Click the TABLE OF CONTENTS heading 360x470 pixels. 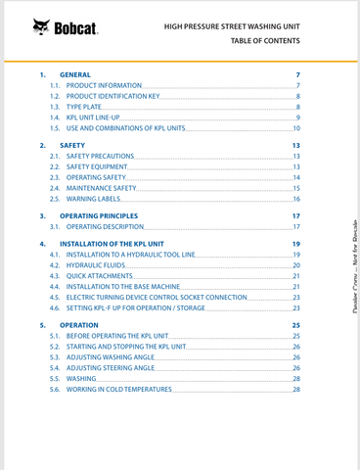point(265,40)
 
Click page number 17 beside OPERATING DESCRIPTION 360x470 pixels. point(295,226)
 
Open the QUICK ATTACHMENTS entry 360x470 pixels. point(99,275)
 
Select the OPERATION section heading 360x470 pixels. point(79,323)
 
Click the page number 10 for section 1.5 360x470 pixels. point(295,128)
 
